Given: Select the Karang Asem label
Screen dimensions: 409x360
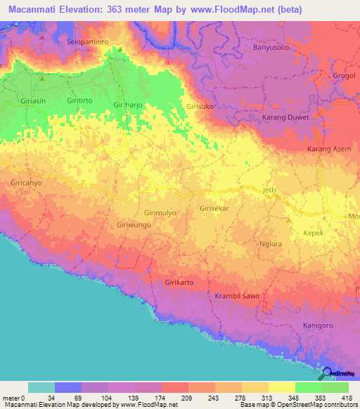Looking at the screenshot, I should (328, 150).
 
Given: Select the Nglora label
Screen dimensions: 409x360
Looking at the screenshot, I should (270, 244).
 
